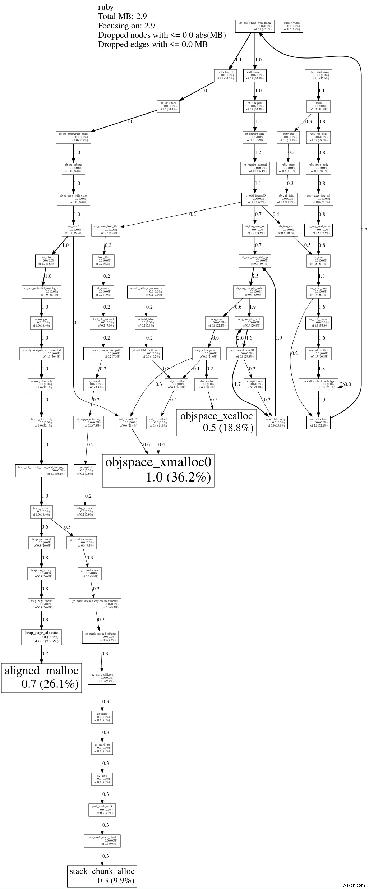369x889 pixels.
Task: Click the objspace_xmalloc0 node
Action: click(x=158, y=470)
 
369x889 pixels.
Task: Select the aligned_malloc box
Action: click(x=41, y=678)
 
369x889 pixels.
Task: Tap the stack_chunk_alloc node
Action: click(x=102, y=875)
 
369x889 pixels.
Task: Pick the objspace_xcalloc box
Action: click(x=216, y=422)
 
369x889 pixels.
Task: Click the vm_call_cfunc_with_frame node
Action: click(x=255, y=26)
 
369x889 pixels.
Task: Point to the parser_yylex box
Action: click(x=291, y=26)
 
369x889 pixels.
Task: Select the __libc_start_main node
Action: click(x=318, y=75)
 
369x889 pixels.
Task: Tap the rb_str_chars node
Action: click(x=167, y=106)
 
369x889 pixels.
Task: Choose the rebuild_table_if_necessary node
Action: click(x=146, y=291)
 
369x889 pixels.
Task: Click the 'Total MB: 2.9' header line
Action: click(x=122, y=16)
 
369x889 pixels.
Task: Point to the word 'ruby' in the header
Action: click(x=106, y=7)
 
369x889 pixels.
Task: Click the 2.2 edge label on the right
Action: click(x=364, y=230)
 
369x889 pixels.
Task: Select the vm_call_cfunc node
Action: click(x=318, y=422)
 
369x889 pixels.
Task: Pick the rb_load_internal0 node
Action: click(x=255, y=199)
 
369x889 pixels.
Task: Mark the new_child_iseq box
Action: click(x=275, y=422)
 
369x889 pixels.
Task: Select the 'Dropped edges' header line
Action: click(x=153, y=44)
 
